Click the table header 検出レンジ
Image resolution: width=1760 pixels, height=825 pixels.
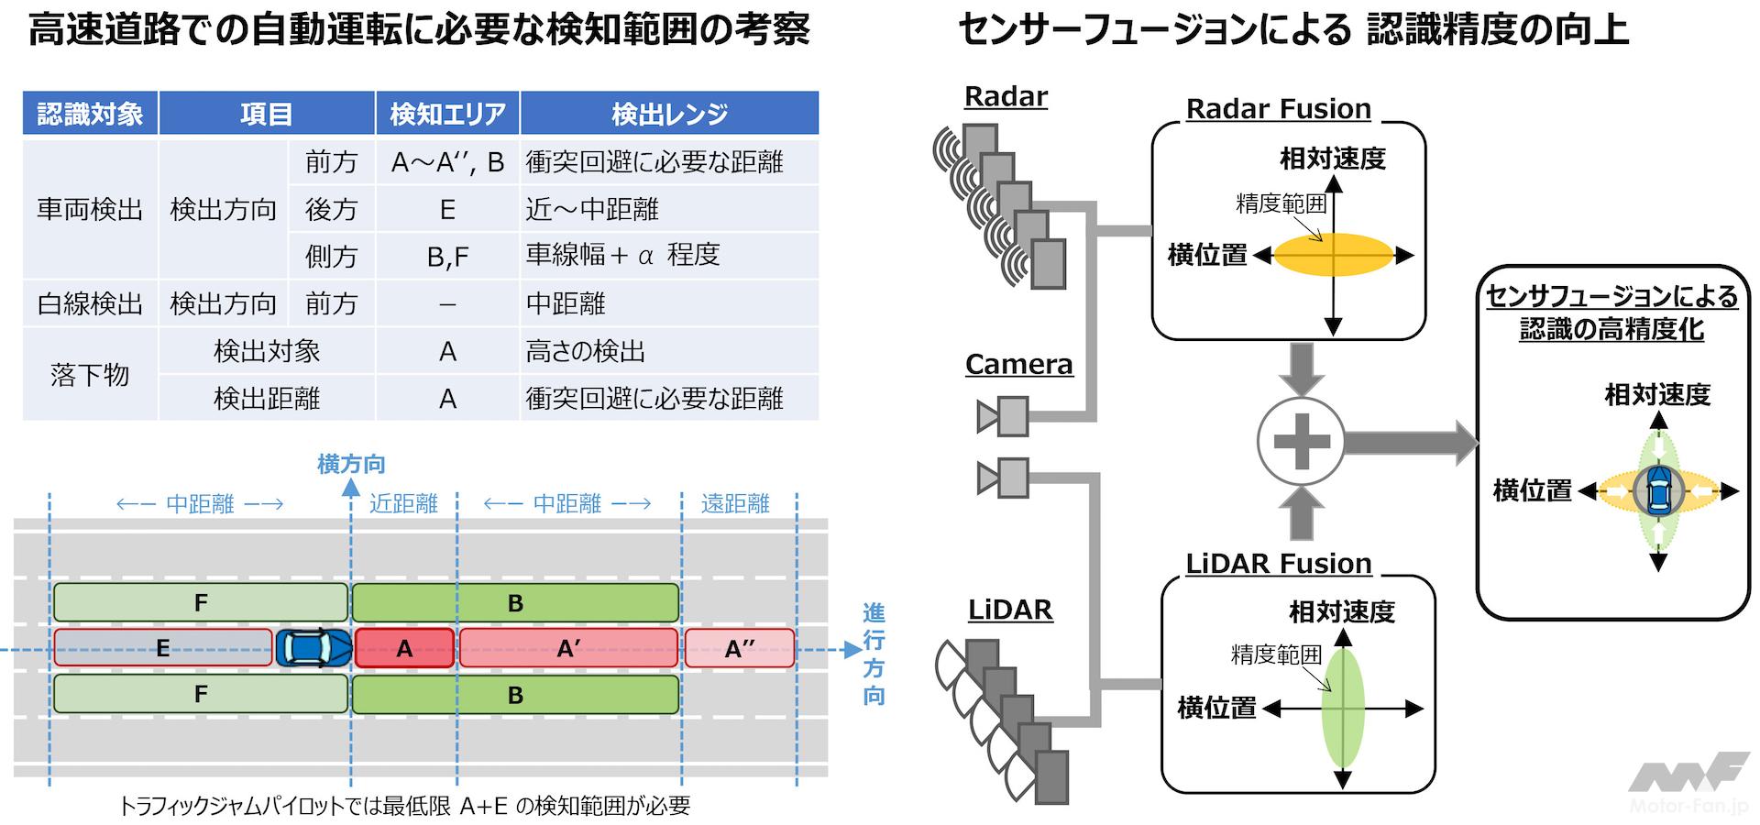pos(669,114)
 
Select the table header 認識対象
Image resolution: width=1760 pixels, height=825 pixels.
pos(90,114)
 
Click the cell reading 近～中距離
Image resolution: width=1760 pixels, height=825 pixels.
pos(592,210)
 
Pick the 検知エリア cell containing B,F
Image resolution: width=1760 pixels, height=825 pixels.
pos(447,257)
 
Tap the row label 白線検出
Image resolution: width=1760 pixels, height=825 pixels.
pos(90,304)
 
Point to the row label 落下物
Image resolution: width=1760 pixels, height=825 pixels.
pos(90,375)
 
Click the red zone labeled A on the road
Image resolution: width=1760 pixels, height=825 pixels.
pos(404,649)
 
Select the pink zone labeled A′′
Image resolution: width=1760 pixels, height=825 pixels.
pos(740,649)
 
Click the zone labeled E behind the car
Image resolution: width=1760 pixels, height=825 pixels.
pos(163,648)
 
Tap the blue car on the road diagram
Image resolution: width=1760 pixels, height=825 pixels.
pos(314,648)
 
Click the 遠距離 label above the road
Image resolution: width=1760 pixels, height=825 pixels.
pos(735,503)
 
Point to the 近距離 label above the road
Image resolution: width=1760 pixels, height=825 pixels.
pos(403,503)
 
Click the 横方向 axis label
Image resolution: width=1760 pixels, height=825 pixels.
pos(351,465)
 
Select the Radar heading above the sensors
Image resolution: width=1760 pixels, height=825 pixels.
pos(1006,97)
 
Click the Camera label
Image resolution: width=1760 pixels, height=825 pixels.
pos(1018,365)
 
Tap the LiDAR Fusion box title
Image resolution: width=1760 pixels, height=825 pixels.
pos(1278,564)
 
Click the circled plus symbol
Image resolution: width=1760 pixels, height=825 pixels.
pos(1301,442)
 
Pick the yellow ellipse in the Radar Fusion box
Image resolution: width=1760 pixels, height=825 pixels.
pos(1334,256)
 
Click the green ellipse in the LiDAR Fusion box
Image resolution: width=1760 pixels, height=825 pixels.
pos(1343,708)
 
